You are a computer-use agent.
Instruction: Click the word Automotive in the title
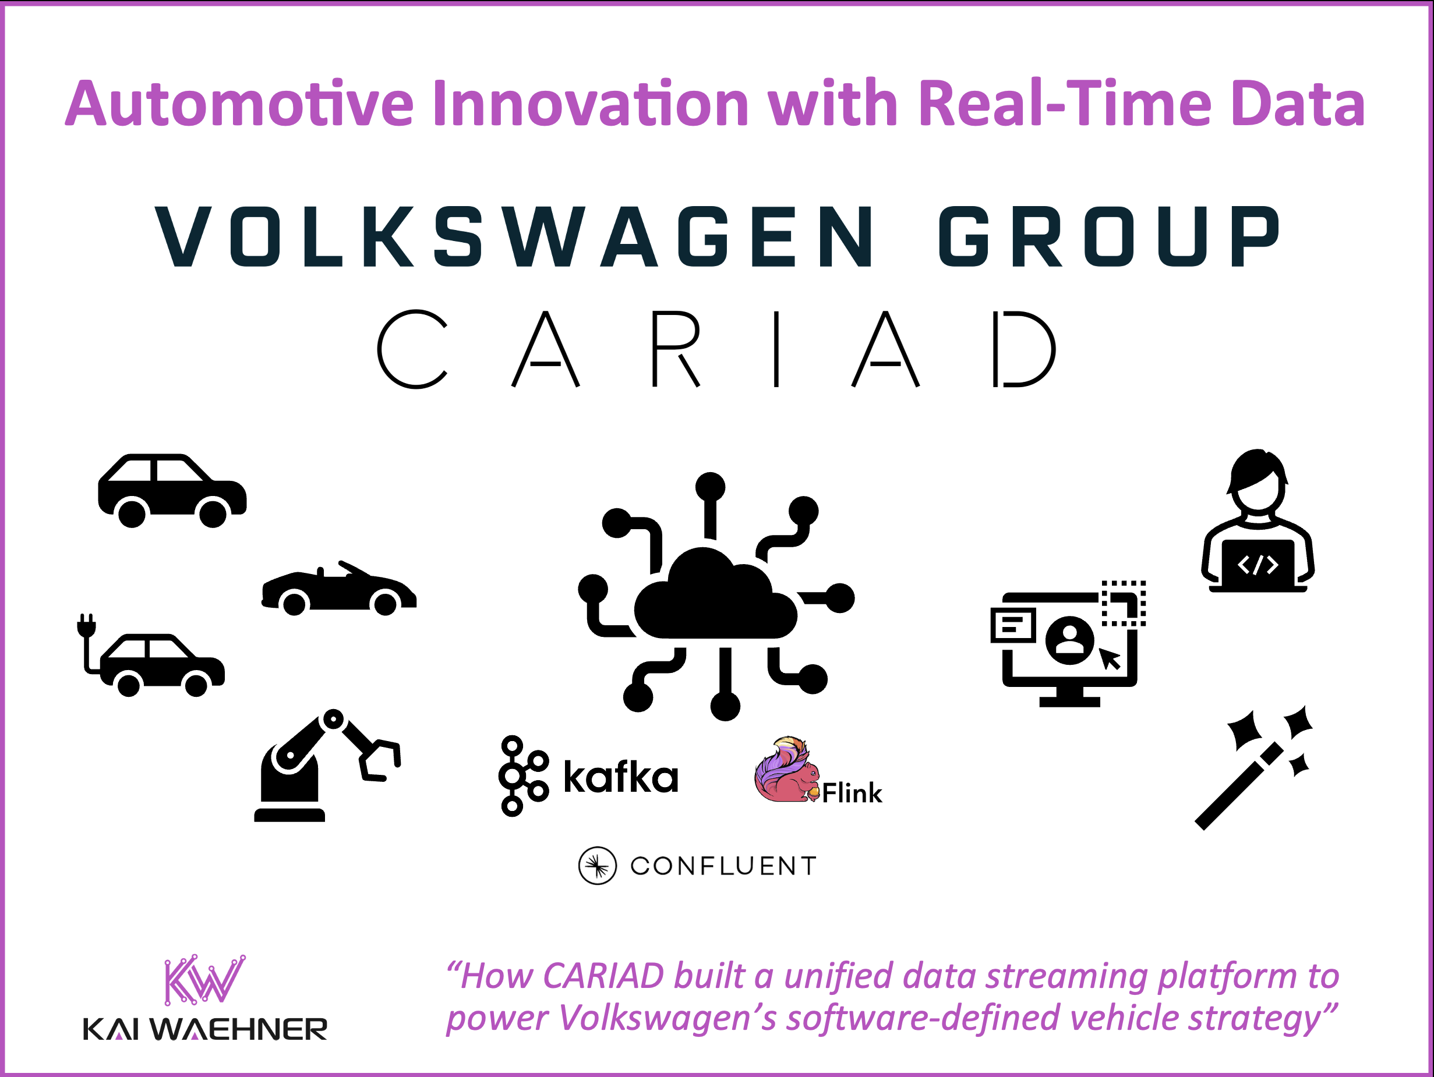click(239, 104)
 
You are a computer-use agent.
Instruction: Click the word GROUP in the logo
click(1109, 237)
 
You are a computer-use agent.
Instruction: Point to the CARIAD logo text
click(716, 349)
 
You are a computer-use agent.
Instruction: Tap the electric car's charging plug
click(86, 626)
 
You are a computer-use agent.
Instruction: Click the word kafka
click(620, 777)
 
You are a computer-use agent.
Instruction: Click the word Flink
click(852, 792)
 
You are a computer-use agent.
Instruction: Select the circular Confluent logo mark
click(597, 866)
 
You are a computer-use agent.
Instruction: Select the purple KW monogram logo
click(204, 979)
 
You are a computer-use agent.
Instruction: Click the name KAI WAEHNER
click(205, 1030)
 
